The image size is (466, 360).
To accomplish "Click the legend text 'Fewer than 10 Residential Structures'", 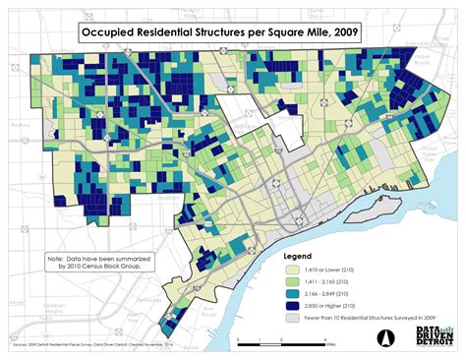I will point(364,317).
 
